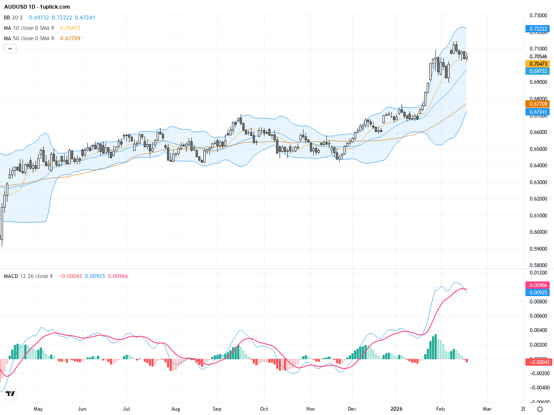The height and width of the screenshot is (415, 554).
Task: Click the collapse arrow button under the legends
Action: pyautogui.click(x=10, y=49)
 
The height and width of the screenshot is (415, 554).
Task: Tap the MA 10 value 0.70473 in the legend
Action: pyautogui.click(x=70, y=28)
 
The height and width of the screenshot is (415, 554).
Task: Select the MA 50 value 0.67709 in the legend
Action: pyautogui.click(x=70, y=38)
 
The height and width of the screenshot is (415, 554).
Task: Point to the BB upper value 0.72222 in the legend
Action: pyautogui.click(x=62, y=18)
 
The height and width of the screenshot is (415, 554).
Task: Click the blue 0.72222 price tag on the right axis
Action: pyautogui.click(x=538, y=29)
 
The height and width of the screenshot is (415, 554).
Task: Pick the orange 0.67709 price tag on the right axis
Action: pyautogui.click(x=538, y=104)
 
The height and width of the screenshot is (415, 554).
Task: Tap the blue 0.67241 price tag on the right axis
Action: pyautogui.click(x=538, y=112)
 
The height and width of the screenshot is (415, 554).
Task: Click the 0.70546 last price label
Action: pyautogui.click(x=538, y=57)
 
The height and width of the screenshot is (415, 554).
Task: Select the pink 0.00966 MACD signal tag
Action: pyautogui.click(x=538, y=285)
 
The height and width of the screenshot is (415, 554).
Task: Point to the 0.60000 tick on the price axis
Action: pyautogui.click(x=538, y=232)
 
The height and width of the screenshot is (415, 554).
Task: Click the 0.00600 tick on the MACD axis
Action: pyautogui.click(x=538, y=316)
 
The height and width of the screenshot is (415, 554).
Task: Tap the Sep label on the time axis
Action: pyautogui.click(x=217, y=409)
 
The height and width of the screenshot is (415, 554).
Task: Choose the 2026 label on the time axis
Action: pyautogui.click(x=396, y=409)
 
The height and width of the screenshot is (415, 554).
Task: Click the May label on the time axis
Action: pyautogui.click(x=38, y=409)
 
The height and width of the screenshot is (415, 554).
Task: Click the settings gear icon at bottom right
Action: pyautogui.click(x=540, y=409)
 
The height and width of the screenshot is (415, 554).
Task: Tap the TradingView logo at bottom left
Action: pyautogui.click(x=10, y=393)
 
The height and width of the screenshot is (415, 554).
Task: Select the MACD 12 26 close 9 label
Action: pyautogui.click(x=29, y=276)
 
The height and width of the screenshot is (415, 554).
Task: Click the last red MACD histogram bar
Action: pyautogui.click(x=467, y=361)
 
